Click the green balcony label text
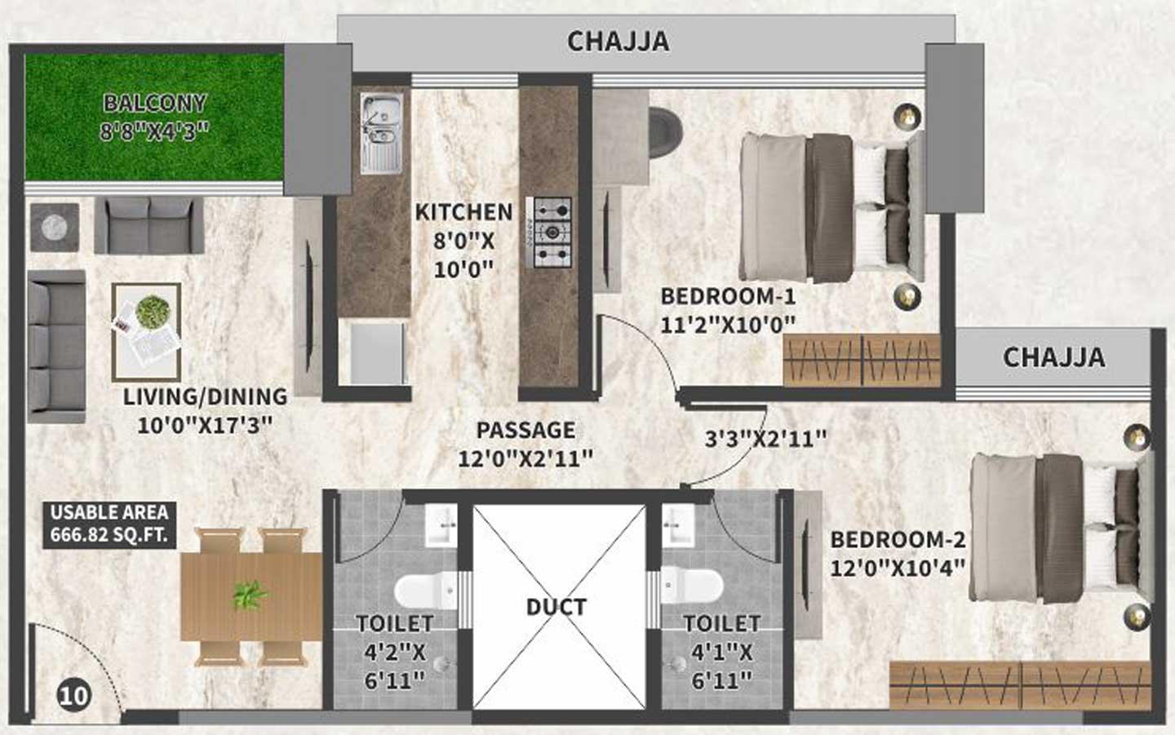click(x=154, y=117)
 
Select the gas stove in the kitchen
click(x=552, y=232)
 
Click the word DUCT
click(x=556, y=607)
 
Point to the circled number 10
click(x=73, y=695)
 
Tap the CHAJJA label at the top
click(x=618, y=41)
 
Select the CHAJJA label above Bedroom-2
click(x=1053, y=357)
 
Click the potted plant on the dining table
click(x=249, y=596)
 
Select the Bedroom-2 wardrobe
click(x=1020, y=684)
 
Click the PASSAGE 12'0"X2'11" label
click(x=525, y=444)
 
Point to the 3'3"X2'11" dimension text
click(x=765, y=439)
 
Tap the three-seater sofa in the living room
click(x=56, y=346)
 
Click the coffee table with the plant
click(x=147, y=330)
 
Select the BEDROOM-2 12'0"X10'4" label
click(x=898, y=552)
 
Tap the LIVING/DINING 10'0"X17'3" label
click(x=205, y=410)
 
